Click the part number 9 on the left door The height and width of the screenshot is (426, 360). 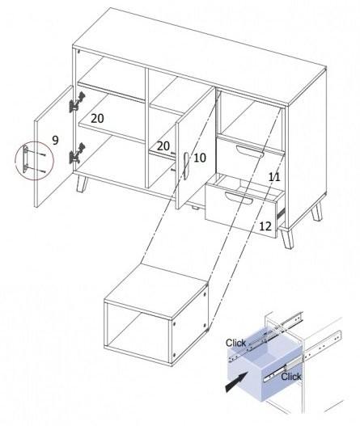click(55, 140)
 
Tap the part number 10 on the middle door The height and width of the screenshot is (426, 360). click(200, 158)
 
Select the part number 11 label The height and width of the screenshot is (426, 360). click(274, 177)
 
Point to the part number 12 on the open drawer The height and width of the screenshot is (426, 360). click(265, 226)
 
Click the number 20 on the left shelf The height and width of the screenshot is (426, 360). click(97, 119)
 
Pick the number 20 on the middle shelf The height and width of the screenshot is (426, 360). click(163, 146)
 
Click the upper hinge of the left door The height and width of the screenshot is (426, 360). click(77, 102)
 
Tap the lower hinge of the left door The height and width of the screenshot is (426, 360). click(77, 154)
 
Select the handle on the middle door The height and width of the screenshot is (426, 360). click(186, 166)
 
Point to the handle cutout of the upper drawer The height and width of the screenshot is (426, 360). click(250, 151)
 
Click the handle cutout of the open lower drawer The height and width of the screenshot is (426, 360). click(239, 197)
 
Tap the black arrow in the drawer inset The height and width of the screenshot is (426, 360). click(236, 382)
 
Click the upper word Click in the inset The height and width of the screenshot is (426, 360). click(235, 343)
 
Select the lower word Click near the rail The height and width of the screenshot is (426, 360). click(291, 377)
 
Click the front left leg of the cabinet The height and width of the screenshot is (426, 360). click(82, 184)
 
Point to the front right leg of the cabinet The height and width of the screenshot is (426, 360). click(287, 238)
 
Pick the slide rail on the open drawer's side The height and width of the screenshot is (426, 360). click(281, 213)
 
